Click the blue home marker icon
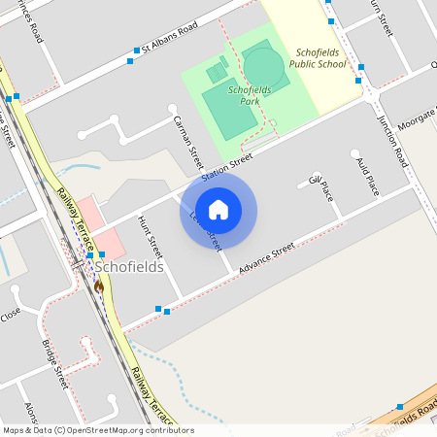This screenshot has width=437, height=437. [x=218, y=210]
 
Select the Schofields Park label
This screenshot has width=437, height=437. [x=249, y=94]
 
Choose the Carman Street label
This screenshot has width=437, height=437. [x=185, y=137]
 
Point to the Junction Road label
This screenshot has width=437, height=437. [x=390, y=137]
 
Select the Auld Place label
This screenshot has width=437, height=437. [x=366, y=175]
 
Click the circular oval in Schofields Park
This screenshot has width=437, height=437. [x=263, y=66]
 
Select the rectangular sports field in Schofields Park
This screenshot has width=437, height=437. [x=231, y=116]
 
